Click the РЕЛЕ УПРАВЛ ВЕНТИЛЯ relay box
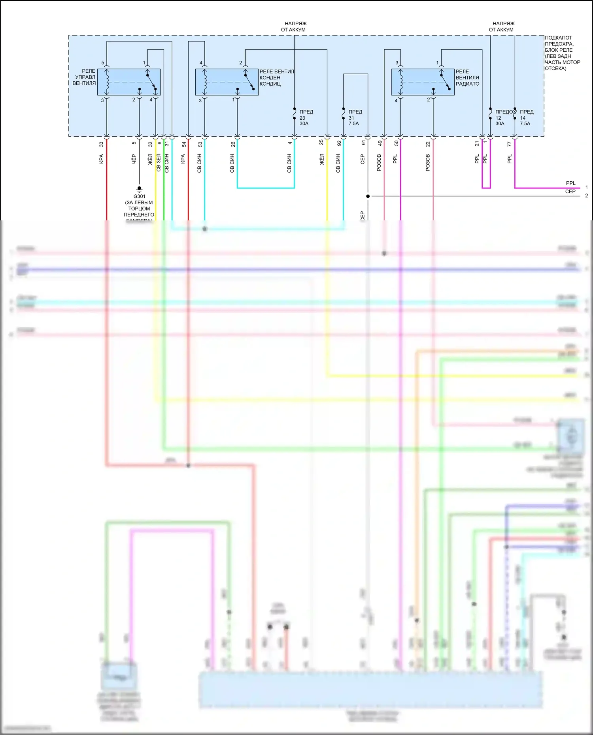129,82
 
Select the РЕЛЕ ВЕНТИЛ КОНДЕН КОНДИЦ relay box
227,82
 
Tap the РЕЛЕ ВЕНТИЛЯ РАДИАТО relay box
423,82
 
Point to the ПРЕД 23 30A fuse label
305,118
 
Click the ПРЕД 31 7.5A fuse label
354,118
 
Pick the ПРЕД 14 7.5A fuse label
526,118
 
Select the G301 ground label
139,196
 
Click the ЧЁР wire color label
134,159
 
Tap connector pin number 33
101,145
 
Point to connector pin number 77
510,145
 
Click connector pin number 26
233,145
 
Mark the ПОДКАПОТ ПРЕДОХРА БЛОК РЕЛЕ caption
562,53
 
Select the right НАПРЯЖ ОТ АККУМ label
502,26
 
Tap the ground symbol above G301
139,189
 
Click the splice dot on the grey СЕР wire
368,196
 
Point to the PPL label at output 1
570,183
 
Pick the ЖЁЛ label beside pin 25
322,159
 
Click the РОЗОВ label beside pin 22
428,163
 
